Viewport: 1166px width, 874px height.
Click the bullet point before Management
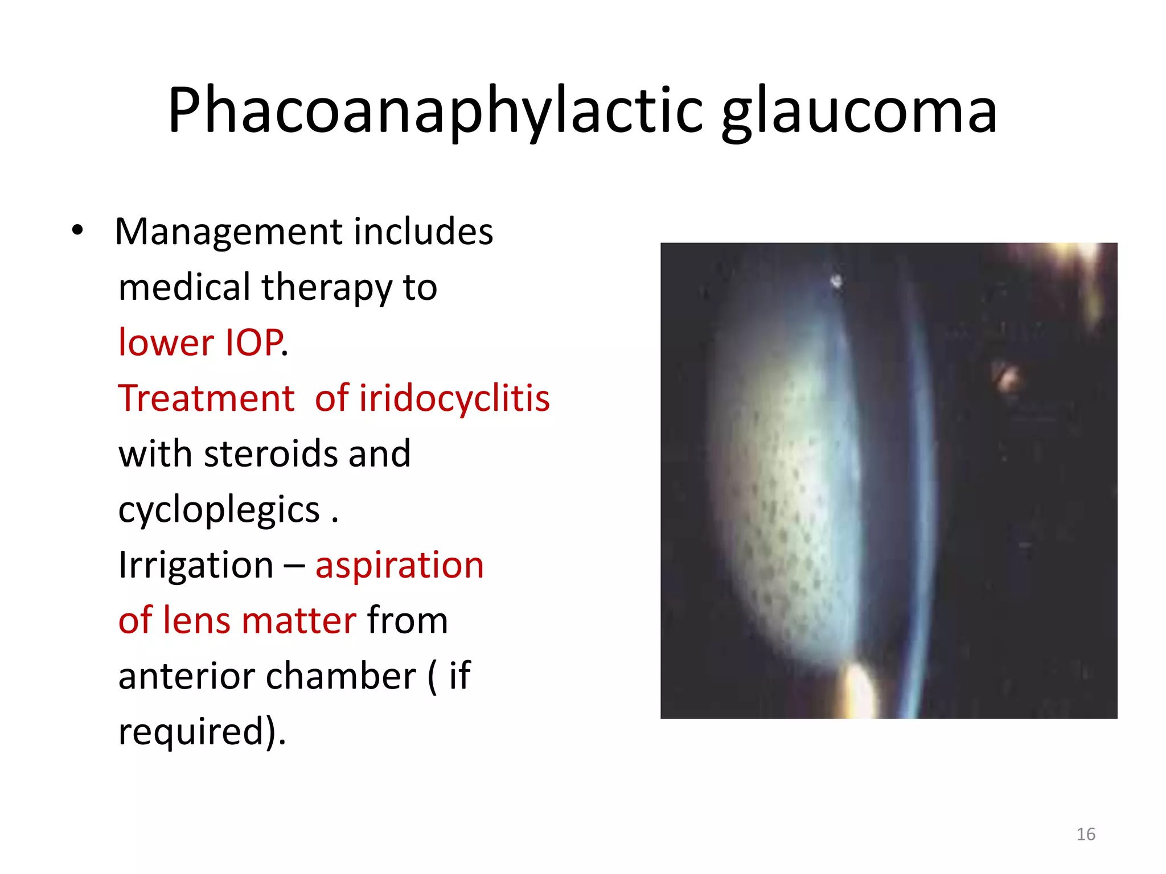tap(77, 231)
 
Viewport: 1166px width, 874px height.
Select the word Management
tap(229, 232)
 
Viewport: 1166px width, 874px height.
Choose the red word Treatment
tap(206, 398)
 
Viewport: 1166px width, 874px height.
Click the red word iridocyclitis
tap(454, 398)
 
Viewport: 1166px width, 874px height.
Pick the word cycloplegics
tap(219, 510)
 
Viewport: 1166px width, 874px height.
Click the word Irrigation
tap(196, 565)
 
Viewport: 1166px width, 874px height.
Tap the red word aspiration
tap(400, 565)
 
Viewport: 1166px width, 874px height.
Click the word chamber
tap(341, 676)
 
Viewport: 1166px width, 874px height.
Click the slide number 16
tap(1086, 834)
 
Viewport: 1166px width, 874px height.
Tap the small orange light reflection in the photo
tap(1007, 376)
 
